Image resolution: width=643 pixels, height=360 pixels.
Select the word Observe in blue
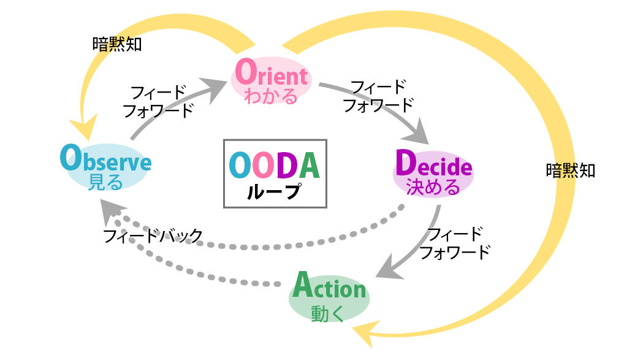pos(105,160)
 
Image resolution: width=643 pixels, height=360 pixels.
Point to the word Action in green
pos(329,286)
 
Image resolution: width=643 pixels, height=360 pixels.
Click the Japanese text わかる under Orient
pos(271,96)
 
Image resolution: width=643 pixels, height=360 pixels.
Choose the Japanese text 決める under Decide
pos(433,186)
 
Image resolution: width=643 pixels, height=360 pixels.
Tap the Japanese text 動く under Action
pos(328,313)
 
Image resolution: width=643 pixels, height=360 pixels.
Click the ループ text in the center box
pos(274,192)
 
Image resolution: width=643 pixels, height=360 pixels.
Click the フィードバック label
pos(153,235)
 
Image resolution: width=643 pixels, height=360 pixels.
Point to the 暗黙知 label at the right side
pos(570,170)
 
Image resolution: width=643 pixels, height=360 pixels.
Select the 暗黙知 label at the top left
pos(116,44)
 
